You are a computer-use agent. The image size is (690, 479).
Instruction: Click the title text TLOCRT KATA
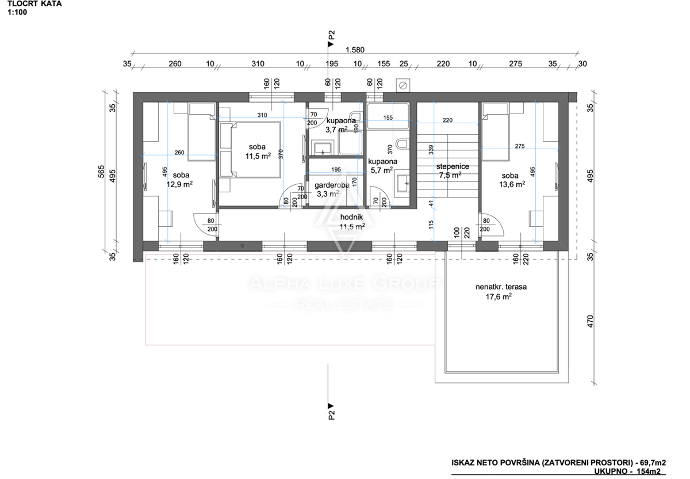34,4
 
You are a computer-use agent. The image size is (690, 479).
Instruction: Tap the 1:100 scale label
17,12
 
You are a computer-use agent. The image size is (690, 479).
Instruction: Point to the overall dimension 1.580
355,50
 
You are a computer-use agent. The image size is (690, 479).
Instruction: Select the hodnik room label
351,217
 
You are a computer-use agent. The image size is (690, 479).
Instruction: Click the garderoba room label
332,185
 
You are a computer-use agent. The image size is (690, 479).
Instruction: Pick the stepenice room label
453,166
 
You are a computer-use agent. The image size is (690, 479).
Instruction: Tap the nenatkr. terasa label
501,287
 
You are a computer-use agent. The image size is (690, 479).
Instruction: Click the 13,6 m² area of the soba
512,184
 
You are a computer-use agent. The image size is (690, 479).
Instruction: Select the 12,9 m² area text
179,184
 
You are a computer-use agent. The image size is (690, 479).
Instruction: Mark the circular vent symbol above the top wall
403,85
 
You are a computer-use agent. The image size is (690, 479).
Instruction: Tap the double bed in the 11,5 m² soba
250,150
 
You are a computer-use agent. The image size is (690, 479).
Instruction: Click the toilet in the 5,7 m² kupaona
402,143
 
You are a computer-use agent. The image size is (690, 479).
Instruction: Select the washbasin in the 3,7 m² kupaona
322,148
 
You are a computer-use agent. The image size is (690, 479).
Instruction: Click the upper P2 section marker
331,39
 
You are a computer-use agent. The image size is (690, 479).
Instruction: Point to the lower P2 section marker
331,412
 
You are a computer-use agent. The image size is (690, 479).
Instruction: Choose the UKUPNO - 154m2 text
627,472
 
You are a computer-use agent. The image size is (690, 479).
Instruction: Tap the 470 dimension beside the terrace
590,321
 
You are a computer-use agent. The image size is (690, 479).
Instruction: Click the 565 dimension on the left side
101,172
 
